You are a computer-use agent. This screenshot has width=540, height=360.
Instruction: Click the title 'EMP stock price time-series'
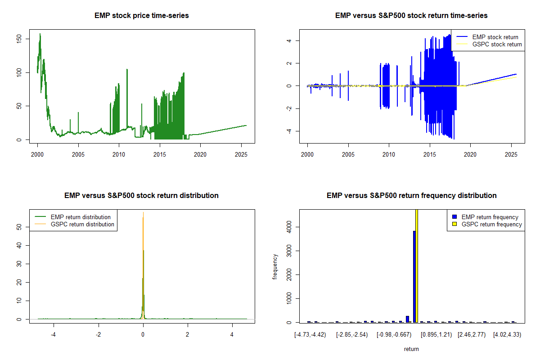(x=141, y=16)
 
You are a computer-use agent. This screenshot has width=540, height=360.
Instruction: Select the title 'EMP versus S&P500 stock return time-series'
(x=411, y=16)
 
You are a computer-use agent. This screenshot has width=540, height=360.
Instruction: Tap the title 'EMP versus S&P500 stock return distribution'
(x=141, y=196)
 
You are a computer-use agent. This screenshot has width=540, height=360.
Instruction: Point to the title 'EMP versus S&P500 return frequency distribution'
(x=411, y=196)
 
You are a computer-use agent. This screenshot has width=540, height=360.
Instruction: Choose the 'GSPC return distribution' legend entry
(x=83, y=224)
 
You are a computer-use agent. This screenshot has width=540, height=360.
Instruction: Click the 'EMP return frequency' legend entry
(x=490, y=217)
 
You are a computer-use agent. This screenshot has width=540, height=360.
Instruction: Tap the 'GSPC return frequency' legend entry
(x=491, y=224)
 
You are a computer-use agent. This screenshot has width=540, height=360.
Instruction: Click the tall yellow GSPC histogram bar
(x=417, y=265)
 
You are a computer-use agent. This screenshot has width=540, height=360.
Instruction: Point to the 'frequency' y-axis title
(x=275, y=266)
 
